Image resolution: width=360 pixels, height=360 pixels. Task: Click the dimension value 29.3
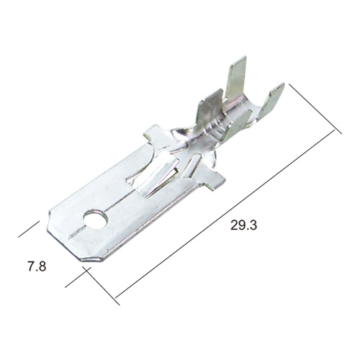pyautogui.click(x=243, y=225)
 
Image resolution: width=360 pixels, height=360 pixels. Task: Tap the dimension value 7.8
pyautogui.click(x=37, y=266)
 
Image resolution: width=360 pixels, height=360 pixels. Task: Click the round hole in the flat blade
pyautogui.click(x=96, y=219)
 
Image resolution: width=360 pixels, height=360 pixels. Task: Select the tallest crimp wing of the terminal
pyautogui.click(x=236, y=78)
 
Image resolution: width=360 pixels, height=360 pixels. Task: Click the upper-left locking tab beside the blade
pyautogui.click(x=153, y=133)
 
